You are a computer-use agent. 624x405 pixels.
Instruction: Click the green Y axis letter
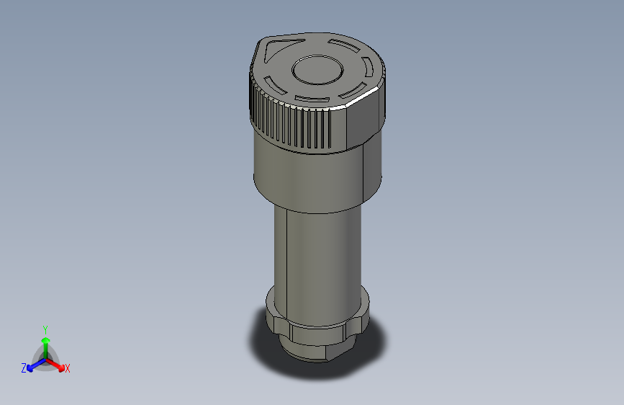45,328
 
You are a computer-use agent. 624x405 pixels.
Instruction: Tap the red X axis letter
68,369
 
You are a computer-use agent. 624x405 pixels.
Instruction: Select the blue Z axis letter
24,368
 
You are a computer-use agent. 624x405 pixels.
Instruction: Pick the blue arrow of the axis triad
33,365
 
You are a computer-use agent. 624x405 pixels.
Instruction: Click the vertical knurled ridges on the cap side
288,123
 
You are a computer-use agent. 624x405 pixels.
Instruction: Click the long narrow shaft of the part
317,252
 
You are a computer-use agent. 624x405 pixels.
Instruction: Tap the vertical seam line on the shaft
287,252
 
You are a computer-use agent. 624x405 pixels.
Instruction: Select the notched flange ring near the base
317,321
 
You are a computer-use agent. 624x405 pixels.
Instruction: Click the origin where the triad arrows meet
45,358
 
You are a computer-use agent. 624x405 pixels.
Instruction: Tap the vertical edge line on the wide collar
364,173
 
